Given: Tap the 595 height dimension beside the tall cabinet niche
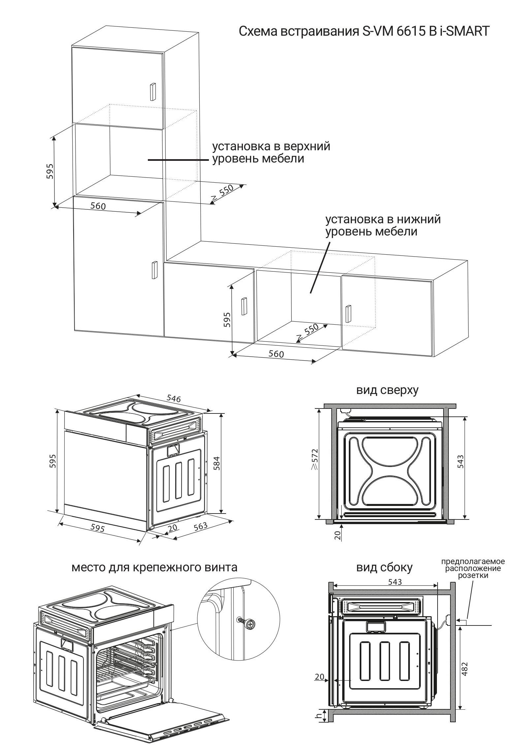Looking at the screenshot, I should coord(50,171).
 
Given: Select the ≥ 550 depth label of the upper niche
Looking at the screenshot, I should coord(222,193).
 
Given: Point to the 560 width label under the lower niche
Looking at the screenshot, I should coord(276,354).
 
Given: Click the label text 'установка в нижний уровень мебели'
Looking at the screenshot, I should coord(383,225).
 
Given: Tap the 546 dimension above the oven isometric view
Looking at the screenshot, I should coord(174,398).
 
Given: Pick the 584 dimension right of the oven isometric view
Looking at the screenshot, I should coord(216,463).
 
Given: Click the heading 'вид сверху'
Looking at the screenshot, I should coord(387,390).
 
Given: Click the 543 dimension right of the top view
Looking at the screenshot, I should coord(461,461).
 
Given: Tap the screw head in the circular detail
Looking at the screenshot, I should coord(251,623).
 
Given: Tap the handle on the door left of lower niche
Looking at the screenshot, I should coord(244,306).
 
